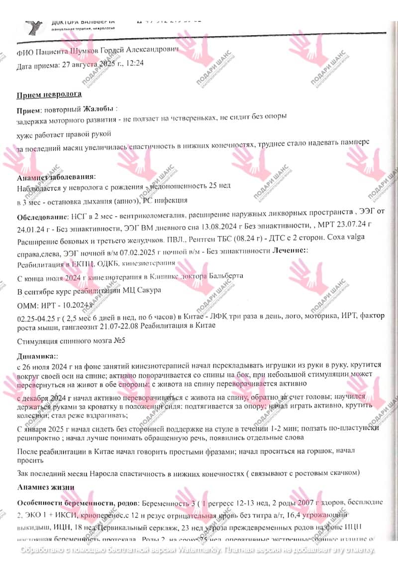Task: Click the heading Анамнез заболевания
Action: coord(56,177)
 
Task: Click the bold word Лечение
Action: coord(289,251)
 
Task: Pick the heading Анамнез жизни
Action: coord(45,487)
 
